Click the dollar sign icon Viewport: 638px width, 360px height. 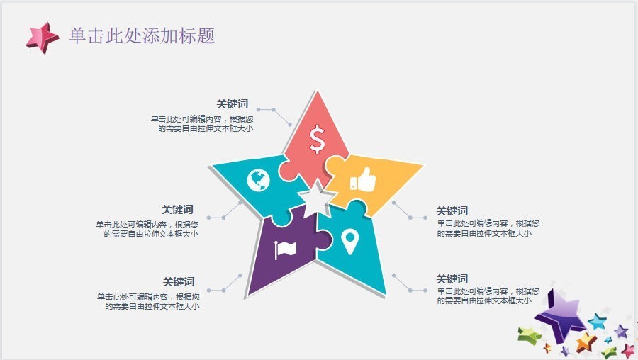pyautogui.click(x=317, y=140)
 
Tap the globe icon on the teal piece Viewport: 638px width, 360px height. pyautogui.click(x=258, y=180)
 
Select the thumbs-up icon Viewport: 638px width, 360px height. pyautogui.click(x=363, y=179)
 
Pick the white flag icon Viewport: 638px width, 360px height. pyautogui.click(x=285, y=249)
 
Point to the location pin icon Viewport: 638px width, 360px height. pyautogui.click(x=350, y=241)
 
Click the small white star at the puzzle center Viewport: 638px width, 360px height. pyautogui.click(x=316, y=199)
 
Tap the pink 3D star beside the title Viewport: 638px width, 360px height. pyautogui.click(x=43, y=38)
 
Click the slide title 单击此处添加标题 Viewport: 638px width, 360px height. pyautogui.click(x=142, y=36)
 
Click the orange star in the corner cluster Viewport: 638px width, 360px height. pyautogui.click(x=586, y=342)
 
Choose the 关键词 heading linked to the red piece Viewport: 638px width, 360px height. pyautogui.click(x=232, y=104)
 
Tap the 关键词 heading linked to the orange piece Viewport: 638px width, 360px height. pyautogui.click(x=452, y=211)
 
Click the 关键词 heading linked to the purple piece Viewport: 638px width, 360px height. pyautogui.click(x=179, y=282)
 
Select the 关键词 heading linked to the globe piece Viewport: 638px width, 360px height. pyautogui.click(x=177, y=210)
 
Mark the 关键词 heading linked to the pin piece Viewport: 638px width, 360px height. pyautogui.click(x=452, y=279)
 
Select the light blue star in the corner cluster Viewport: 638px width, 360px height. pyautogui.click(x=598, y=321)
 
